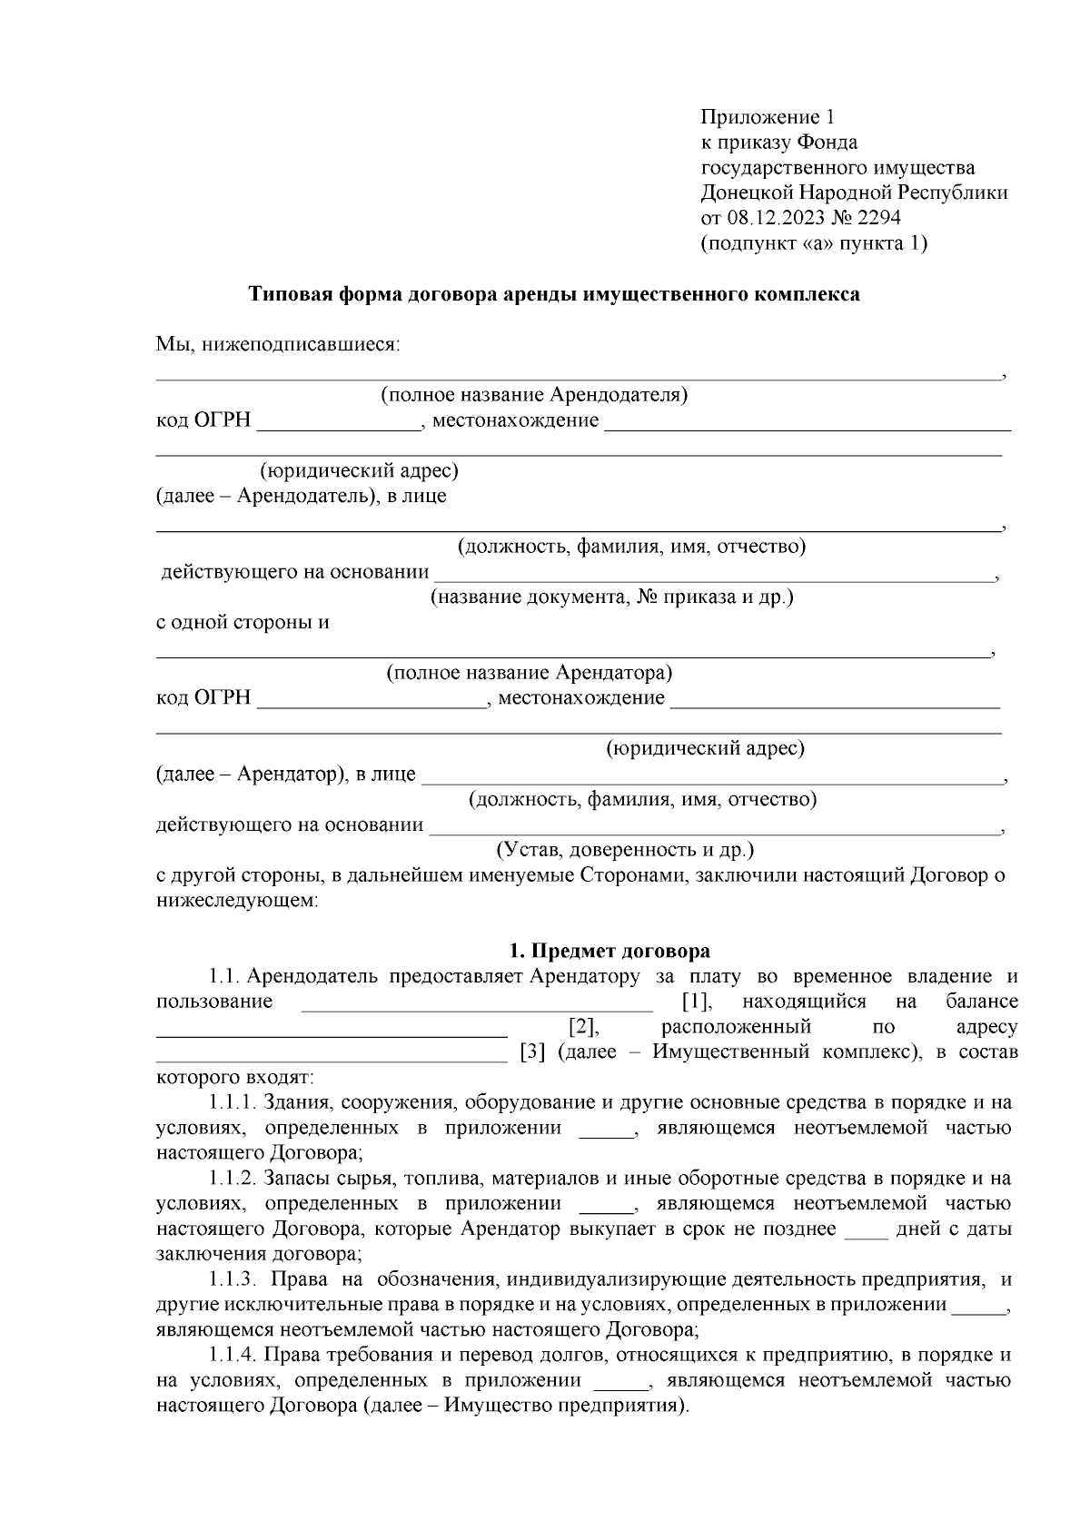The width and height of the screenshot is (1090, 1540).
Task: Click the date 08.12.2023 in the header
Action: tap(770, 218)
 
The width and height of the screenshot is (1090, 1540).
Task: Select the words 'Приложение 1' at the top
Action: tap(767, 117)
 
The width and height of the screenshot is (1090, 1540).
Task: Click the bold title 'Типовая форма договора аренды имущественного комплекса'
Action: tap(554, 294)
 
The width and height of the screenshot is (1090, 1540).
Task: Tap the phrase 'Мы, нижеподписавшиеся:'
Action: tap(278, 345)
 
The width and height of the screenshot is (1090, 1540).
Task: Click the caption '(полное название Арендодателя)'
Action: tap(533, 395)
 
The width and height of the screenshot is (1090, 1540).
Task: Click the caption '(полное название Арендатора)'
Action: tap(529, 673)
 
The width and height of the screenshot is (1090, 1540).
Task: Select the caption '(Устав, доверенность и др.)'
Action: tap(624, 851)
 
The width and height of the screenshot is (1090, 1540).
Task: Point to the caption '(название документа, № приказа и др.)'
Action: tap(611, 597)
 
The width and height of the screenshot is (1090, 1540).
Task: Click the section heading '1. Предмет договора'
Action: tap(609, 951)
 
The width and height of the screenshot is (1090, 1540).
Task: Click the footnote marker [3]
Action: tap(532, 1052)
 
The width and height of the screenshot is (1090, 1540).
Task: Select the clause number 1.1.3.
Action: tap(233, 1279)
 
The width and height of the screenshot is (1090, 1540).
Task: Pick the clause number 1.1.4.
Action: tap(233, 1356)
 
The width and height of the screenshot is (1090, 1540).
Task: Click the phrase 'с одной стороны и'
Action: tap(243, 623)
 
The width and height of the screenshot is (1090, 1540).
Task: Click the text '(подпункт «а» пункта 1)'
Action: tap(814, 243)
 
